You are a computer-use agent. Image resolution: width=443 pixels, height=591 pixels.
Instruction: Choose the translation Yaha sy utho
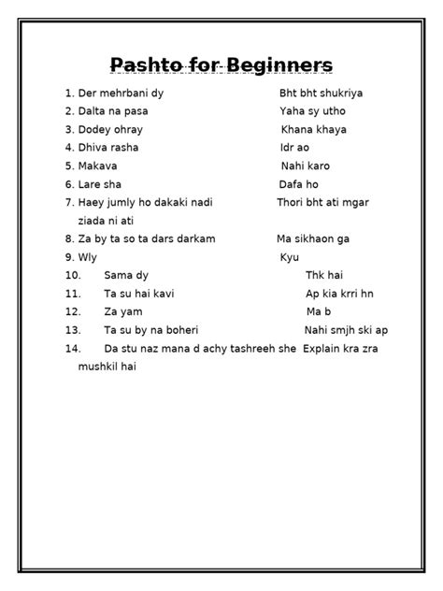(312, 112)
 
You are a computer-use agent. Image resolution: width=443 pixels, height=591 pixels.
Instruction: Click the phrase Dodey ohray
(111, 130)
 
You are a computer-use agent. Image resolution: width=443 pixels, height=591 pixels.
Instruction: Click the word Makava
(98, 166)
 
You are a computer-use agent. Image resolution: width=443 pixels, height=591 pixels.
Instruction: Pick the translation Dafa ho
(298, 184)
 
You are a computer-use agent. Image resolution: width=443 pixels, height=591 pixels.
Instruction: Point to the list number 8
(70, 238)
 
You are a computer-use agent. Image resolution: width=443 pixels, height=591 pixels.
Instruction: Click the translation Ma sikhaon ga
(313, 238)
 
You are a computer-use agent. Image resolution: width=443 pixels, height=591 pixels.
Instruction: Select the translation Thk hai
(325, 275)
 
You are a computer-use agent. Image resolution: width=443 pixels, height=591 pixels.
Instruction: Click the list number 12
(74, 310)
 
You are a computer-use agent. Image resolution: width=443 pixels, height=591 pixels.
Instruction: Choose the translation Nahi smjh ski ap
(346, 329)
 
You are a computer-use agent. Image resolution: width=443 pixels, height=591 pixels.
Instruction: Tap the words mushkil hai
(107, 366)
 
